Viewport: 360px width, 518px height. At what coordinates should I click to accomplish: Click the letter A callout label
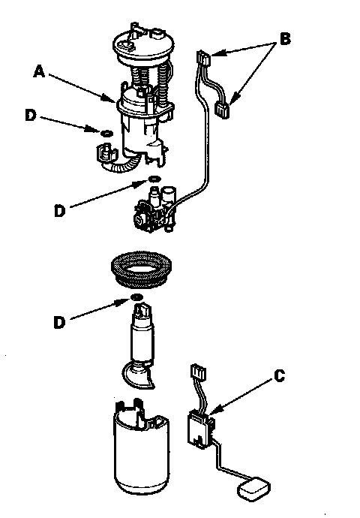(x=39, y=71)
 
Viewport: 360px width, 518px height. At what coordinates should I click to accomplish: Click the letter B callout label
(x=285, y=38)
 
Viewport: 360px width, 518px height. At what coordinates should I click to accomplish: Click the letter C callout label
(x=280, y=375)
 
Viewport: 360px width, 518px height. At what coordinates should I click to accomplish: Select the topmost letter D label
(x=31, y=115)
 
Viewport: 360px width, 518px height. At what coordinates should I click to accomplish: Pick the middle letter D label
(x=59, y=211)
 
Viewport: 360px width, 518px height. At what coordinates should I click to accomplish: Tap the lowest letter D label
(x=59, y=322)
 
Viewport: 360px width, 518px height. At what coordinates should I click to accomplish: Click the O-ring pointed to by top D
(x=106, y=133)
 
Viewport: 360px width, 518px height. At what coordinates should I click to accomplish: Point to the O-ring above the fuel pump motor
(x=137, y=297)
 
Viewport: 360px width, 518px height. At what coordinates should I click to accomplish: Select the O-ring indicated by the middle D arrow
(x=154, y=179)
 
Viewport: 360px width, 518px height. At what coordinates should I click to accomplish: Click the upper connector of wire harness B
(x=204, y=58)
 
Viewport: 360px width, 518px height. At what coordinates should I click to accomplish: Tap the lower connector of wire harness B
(x=222, y=110)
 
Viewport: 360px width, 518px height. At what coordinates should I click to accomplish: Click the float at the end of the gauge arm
(x=253, y=487)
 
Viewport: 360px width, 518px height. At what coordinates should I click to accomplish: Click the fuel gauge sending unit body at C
(x=199, y=429)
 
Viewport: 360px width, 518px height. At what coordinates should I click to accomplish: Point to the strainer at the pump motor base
(x=139, y=375)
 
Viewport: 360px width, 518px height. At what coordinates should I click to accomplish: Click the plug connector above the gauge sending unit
(x=199, y=372)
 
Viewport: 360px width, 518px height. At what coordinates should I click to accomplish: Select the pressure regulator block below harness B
(x=154, y=209)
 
